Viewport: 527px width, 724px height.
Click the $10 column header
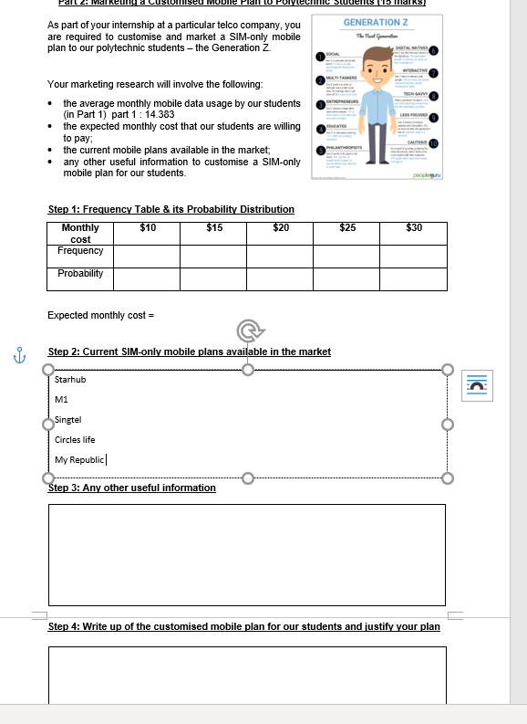[148, 227]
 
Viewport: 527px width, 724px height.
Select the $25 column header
[347, 227]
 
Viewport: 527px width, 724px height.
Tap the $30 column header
[414, 227]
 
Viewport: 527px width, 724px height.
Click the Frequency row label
[80, 251]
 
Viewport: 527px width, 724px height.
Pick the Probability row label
[80, 274]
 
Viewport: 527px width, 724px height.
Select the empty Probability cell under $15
[213, 278]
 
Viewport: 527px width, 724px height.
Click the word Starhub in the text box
[70, 378]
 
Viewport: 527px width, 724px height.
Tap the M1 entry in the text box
[61, 399]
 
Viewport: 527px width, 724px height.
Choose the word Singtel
[68, 419]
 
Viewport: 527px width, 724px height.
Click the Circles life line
[75, 439]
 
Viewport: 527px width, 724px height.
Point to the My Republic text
[80, 459]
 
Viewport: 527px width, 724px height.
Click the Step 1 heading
[170, 209]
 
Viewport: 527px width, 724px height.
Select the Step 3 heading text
[131, 488]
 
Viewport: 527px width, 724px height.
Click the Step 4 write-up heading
[243, 626]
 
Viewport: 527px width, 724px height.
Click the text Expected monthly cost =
[101, 315]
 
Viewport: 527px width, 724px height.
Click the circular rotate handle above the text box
[247, 330]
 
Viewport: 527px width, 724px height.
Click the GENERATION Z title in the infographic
[375, 22]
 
